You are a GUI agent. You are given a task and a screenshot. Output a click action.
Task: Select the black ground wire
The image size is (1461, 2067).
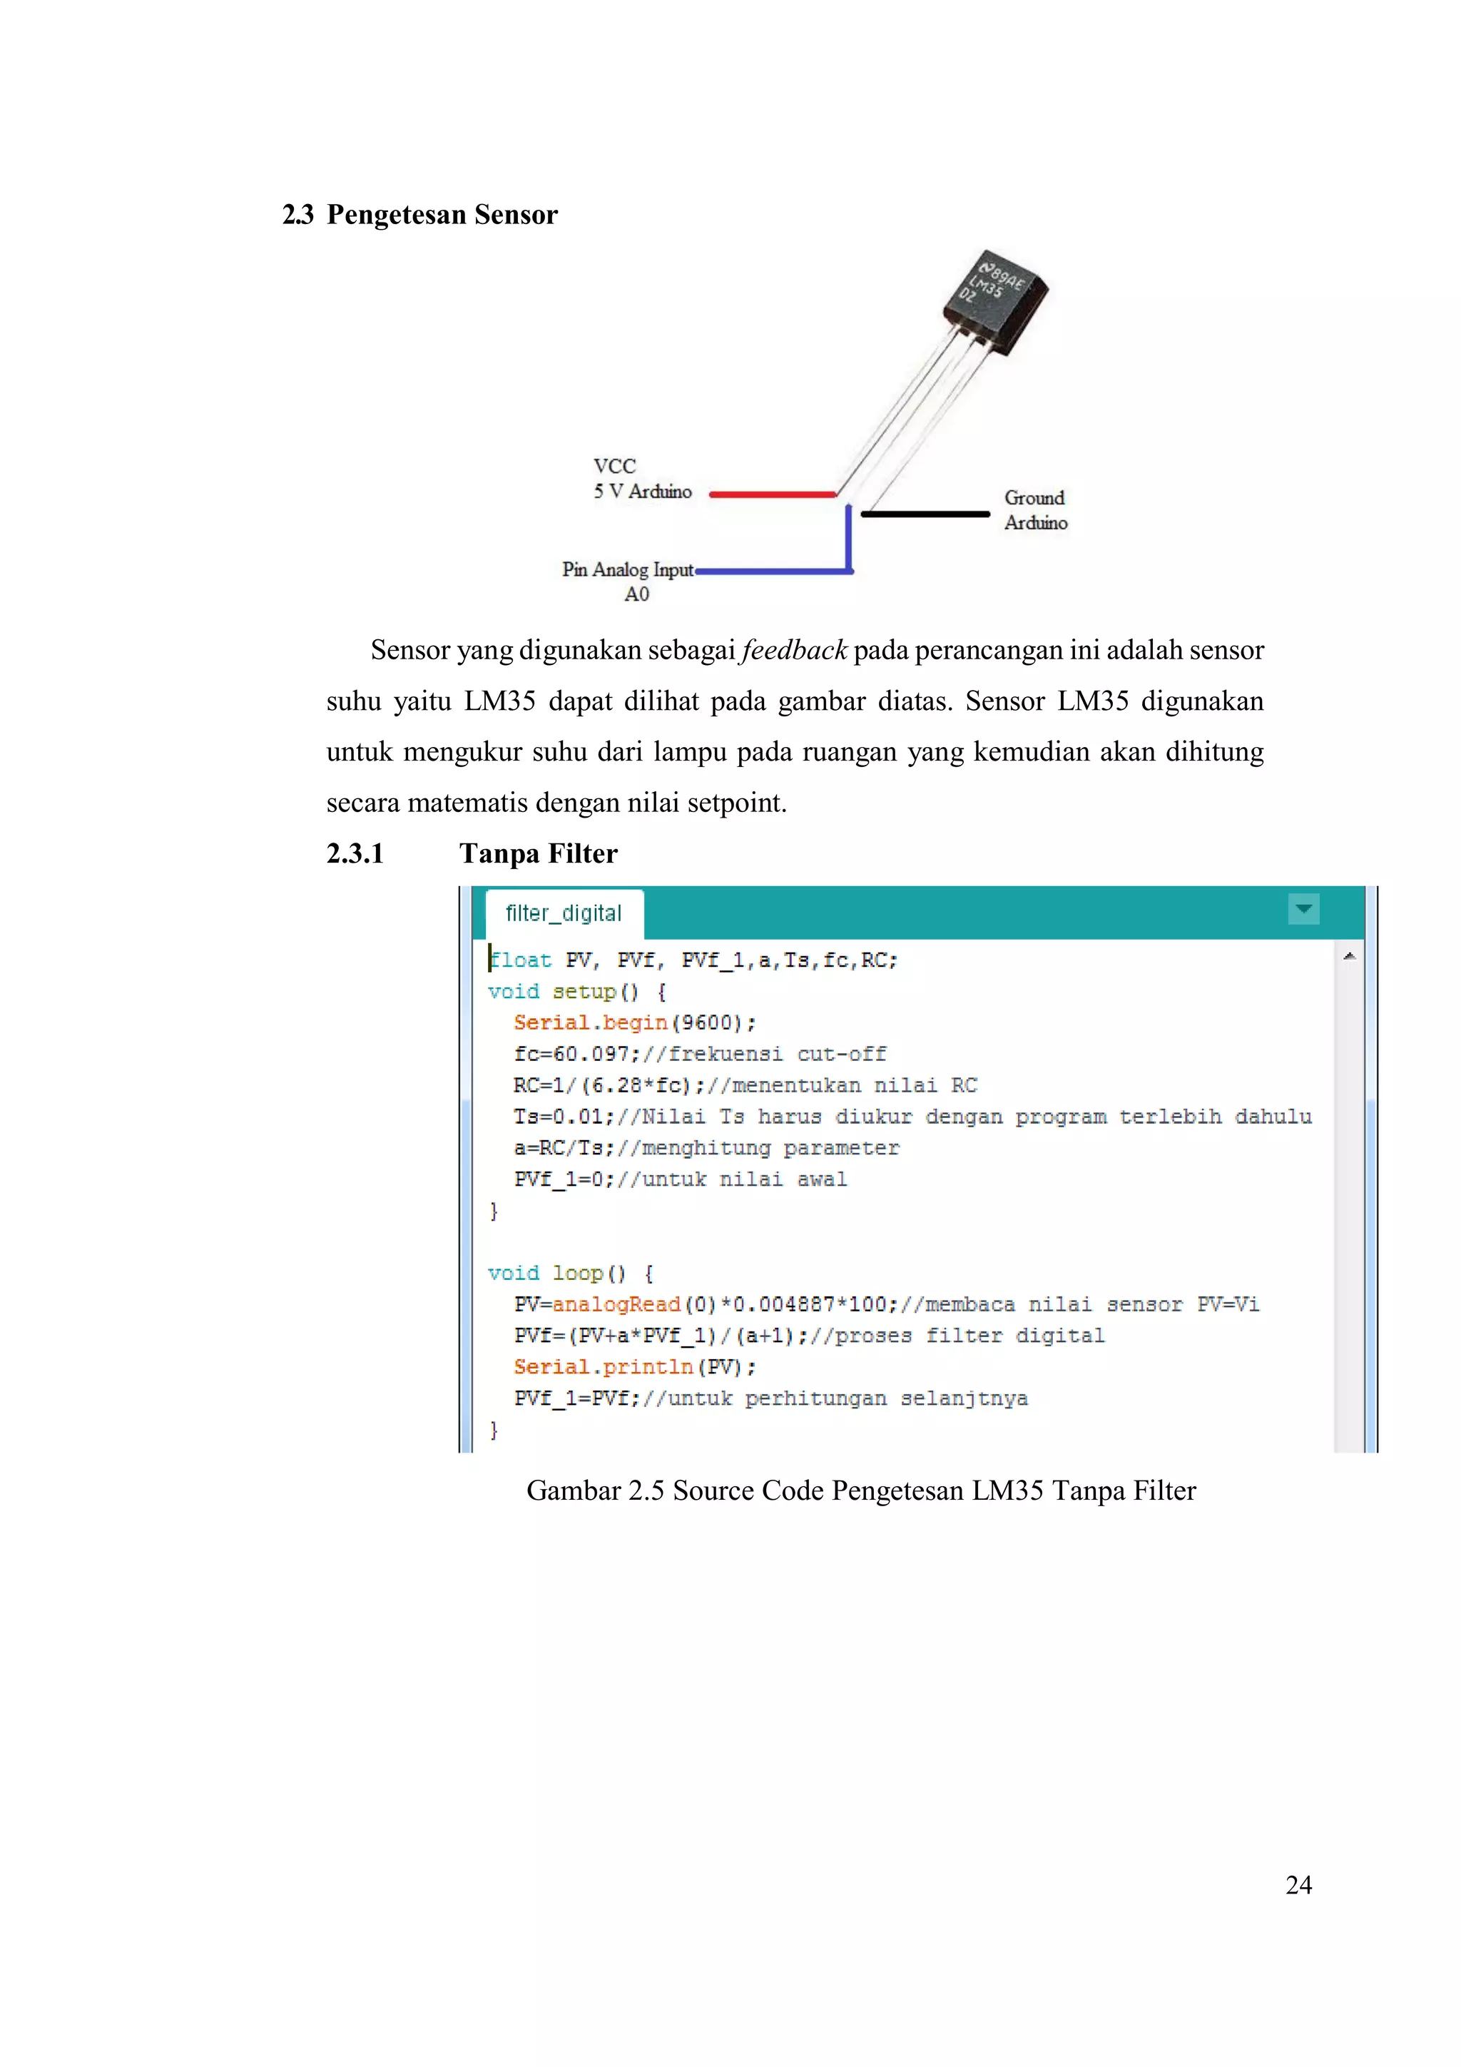point(925,514)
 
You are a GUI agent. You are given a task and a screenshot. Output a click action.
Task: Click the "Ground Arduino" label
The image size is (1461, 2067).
point(1035,510)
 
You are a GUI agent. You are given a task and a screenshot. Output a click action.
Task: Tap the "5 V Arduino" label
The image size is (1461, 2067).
point(642,492)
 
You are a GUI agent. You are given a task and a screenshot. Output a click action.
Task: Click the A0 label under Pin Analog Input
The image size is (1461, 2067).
point(636,594)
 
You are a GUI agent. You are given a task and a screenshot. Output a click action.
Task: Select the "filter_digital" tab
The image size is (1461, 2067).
point(564,914)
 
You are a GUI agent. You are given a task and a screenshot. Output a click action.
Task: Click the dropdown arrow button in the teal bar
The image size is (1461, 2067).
point(1303,909)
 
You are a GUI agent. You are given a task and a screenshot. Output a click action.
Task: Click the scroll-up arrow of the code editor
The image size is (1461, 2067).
point(1348,956)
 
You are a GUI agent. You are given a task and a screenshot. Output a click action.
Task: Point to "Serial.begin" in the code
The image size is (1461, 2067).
point(591,1022)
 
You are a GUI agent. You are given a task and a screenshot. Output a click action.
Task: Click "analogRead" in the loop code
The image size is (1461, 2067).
point(616,1304)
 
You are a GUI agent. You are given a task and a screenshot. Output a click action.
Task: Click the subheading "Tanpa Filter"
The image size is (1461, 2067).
point(539,853)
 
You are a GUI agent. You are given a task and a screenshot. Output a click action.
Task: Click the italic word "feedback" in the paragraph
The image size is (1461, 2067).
point(794,650)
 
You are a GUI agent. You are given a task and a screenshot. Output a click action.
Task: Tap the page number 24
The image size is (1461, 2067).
point(1298,1884)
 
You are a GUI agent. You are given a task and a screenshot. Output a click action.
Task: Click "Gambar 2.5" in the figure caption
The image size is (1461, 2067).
point(595,1490)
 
